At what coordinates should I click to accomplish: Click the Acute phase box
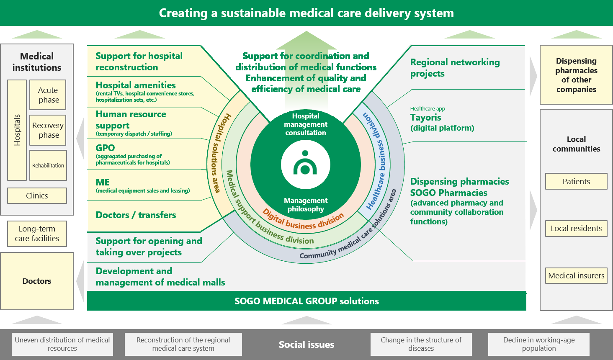(48, 95)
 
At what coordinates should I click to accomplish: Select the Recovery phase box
(48, 130)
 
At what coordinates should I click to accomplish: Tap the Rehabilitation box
(48, 165)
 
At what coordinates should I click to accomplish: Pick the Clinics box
(37, 195)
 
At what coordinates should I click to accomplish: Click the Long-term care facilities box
(37, 234)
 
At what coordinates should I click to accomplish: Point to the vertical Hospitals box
(17, 130)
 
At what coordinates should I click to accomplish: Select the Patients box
(576, 181)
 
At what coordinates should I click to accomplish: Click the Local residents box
(576, 229)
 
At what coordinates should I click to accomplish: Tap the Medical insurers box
(576, 276)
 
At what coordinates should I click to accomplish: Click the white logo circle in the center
(306, 165)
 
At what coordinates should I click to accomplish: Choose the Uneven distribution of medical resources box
(62, 344)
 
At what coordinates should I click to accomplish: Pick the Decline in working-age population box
(539, 344)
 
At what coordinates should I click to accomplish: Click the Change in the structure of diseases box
(421, 344)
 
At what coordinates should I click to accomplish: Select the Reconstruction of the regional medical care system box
(183, 344)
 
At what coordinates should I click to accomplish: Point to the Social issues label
(306, 345)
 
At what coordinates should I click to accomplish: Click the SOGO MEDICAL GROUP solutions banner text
(306, 301)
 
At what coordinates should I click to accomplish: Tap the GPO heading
(105, 148)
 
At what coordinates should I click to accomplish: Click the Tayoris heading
(425, 118)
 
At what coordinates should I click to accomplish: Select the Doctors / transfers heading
(136, 215)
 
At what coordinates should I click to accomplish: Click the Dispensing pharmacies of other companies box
(576, 75)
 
